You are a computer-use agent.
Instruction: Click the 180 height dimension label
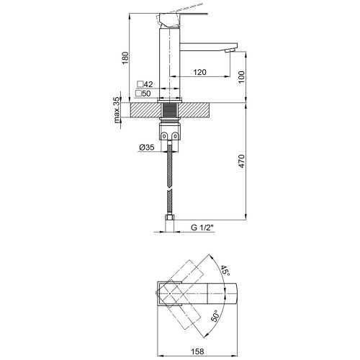click(125, 58)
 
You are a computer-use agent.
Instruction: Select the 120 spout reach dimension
click(199, 72)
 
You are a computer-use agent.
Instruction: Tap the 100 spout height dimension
click(242, 77)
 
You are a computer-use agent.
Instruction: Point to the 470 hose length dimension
click(242, 161)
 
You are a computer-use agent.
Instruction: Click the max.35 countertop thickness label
click(117, 109)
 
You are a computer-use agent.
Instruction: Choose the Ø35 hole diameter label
click(146, 147)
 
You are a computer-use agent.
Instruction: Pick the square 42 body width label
click(145, 84)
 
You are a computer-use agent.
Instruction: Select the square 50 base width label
click(143, 94)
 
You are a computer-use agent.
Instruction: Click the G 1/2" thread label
click(202, 228)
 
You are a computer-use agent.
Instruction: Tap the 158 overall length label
click(197, 351)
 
